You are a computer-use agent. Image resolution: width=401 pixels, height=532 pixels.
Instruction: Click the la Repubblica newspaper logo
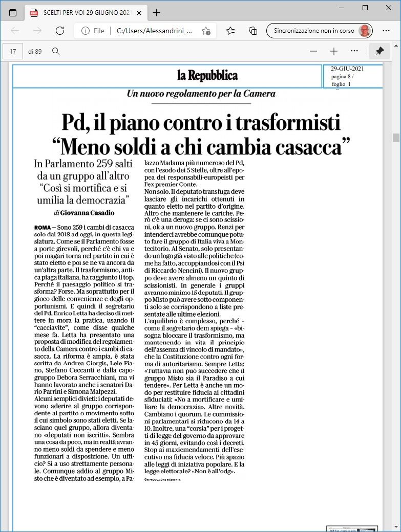[x=207, y=76]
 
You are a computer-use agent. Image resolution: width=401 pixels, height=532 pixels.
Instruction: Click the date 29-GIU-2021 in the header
[x=347, y=69]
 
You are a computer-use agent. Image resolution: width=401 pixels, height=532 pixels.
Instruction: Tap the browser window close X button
[x=388, y=8]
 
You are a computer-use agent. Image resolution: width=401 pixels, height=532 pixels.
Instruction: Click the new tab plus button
[x=156, y=13]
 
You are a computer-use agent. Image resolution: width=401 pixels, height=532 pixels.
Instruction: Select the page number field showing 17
[x=13, y=51]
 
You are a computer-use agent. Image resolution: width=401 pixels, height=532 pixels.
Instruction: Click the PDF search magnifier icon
[x=56, y=51]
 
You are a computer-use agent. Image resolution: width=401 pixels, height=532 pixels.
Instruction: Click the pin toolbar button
[x=379, y=51]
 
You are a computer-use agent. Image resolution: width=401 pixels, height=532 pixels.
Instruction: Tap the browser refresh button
[x=60, y=31]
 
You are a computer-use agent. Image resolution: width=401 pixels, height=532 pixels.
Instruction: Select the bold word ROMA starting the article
[x=42, y=227]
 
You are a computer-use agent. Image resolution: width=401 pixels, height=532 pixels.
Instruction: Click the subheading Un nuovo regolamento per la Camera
[x=201, y=94]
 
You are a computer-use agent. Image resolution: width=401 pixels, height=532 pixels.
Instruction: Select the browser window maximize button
[x=365, y=8]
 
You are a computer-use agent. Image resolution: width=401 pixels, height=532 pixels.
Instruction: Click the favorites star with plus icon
[x=206, y=31]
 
